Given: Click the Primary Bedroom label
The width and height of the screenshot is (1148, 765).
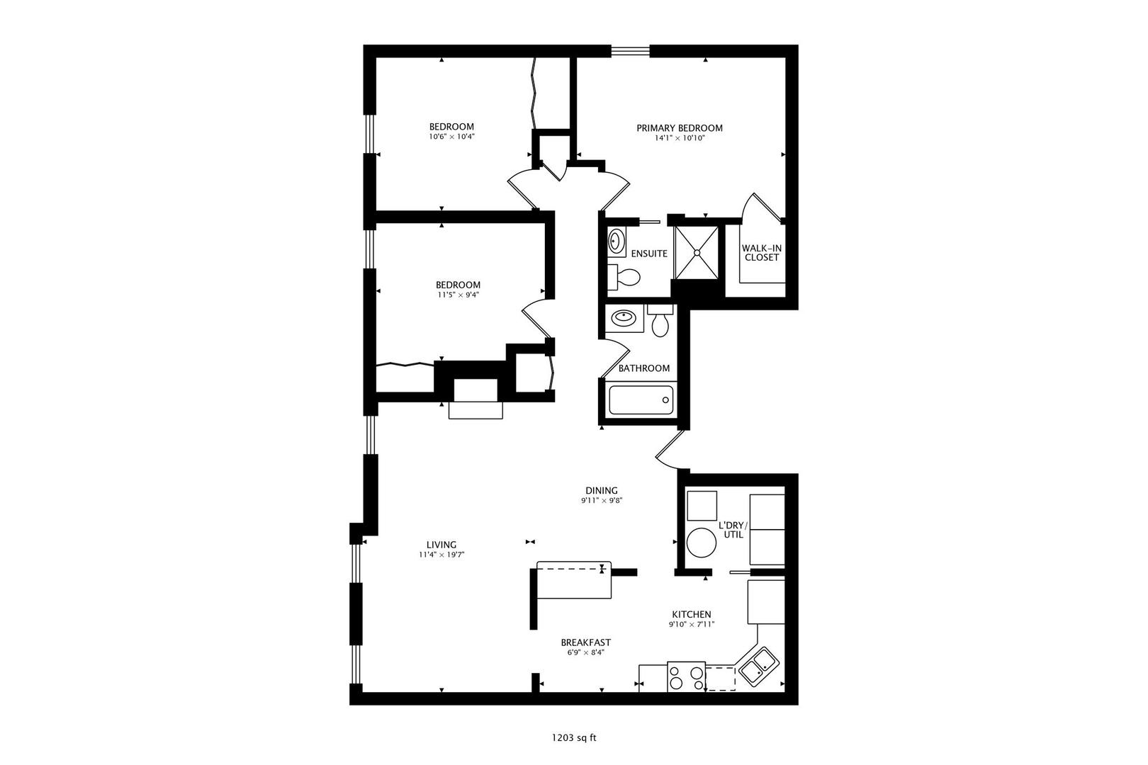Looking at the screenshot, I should [679, 128].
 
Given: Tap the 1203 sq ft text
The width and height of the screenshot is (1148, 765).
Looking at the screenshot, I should [574, 737].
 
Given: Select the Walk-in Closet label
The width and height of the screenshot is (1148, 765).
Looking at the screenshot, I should [761, 252].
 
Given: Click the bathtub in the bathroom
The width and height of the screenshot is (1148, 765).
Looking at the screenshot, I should [641, 400].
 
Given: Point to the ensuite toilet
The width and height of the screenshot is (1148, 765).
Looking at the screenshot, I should [624, 276].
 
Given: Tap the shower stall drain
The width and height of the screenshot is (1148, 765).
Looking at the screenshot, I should [696, 251].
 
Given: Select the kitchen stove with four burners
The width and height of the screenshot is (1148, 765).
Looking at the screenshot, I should [686, 676].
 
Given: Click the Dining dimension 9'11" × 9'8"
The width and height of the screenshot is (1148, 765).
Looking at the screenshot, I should [602, 500].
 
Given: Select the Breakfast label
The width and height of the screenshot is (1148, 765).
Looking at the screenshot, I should [585, 642].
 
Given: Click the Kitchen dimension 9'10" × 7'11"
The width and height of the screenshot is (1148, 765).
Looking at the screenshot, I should [691, 624].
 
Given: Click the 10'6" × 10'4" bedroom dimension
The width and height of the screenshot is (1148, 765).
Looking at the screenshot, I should [451, 137].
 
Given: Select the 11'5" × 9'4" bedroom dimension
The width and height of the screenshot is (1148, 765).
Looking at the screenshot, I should [458, 295].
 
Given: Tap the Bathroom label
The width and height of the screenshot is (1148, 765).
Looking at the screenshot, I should [643, 368].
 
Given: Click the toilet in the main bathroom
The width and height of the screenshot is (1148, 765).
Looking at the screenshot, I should [660, 322].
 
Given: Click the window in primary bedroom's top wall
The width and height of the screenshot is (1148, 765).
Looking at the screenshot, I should [630, 50].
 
